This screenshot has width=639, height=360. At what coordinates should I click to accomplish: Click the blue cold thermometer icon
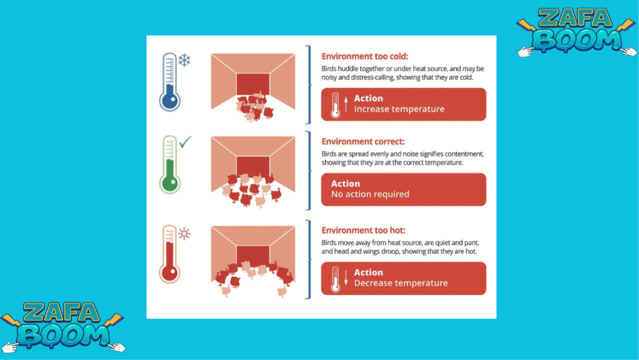coord(170,82)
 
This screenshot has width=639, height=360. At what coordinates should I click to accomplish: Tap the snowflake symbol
coord(185,61)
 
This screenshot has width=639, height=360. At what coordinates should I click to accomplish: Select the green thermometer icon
coord(170,165)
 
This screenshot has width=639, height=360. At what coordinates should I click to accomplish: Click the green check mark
coord(185,142)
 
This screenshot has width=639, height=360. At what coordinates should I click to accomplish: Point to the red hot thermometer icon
coord(170,254)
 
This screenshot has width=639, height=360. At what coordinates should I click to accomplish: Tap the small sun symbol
coord(184,234)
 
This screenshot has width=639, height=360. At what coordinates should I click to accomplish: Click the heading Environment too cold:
coord(364,56)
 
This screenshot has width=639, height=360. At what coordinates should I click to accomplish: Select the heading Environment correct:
coord(363,141)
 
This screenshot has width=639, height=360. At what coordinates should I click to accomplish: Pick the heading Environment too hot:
coord(364,230)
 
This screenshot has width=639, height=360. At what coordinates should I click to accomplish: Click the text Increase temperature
coord(399,109)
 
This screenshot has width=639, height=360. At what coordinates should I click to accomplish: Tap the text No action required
coord(370,194)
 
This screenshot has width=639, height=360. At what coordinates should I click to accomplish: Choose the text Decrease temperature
coord(401,283)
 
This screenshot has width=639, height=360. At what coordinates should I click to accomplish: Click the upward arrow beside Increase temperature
coord(346,104)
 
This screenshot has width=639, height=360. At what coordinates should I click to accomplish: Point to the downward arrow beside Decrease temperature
coord(346,278)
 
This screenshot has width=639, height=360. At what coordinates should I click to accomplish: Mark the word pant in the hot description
coord(472,243)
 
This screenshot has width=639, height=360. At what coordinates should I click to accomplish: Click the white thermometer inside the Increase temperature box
coord(335,105)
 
